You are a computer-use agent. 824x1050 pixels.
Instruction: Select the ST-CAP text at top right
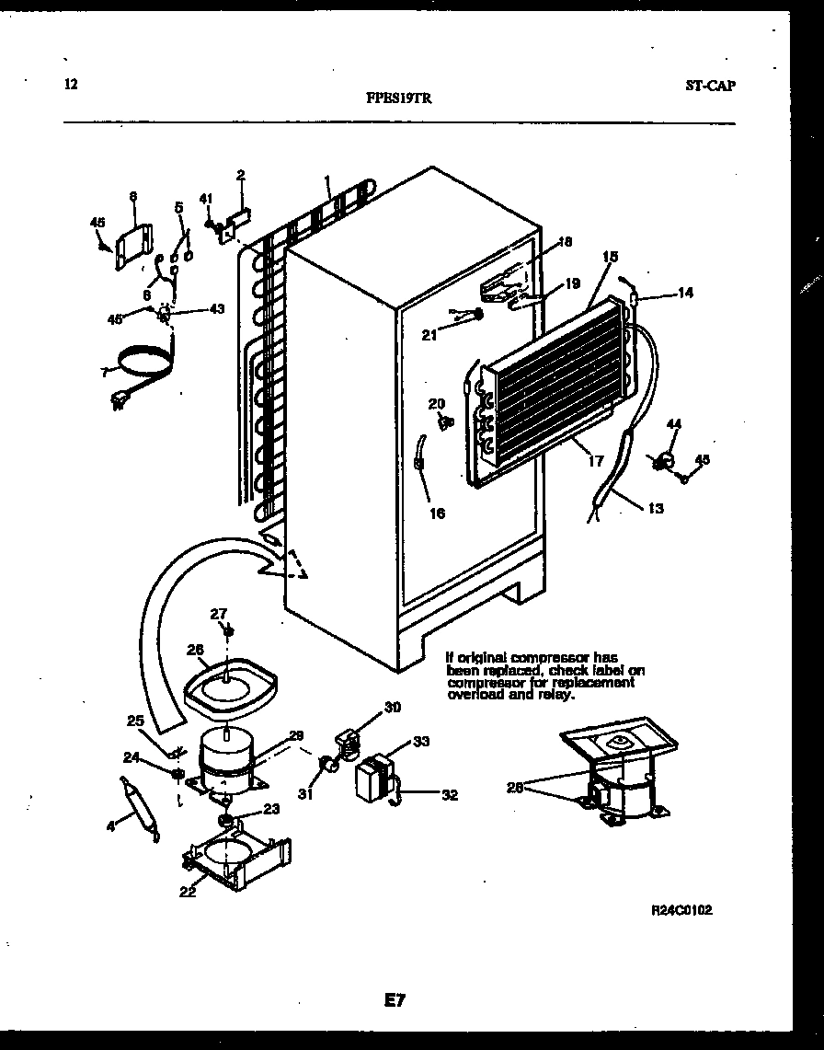710,86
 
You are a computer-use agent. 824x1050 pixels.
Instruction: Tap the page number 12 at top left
71,85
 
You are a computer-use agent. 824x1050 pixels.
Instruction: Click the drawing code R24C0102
681,909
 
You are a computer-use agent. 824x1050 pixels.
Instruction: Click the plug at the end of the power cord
120,400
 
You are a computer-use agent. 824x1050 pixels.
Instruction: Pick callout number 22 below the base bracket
188,891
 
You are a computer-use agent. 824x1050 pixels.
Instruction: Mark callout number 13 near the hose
655,508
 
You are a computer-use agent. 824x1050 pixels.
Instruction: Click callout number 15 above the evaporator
610,257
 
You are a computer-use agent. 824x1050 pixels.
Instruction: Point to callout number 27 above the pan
218,614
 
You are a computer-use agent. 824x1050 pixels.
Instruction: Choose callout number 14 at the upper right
685,294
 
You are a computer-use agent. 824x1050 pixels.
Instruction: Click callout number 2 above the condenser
240,175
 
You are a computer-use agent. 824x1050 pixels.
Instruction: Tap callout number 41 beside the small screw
207,197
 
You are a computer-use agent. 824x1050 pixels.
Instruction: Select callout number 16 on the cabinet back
437,513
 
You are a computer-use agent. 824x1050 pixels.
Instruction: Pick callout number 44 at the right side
674,424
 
